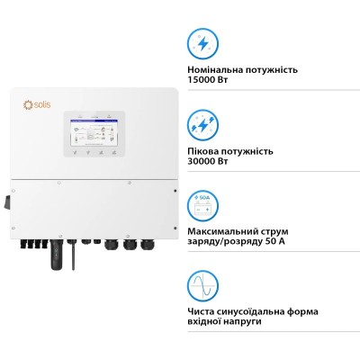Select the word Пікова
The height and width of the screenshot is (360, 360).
point(204,150)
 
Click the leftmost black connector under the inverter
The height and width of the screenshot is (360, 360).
point(31,242)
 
